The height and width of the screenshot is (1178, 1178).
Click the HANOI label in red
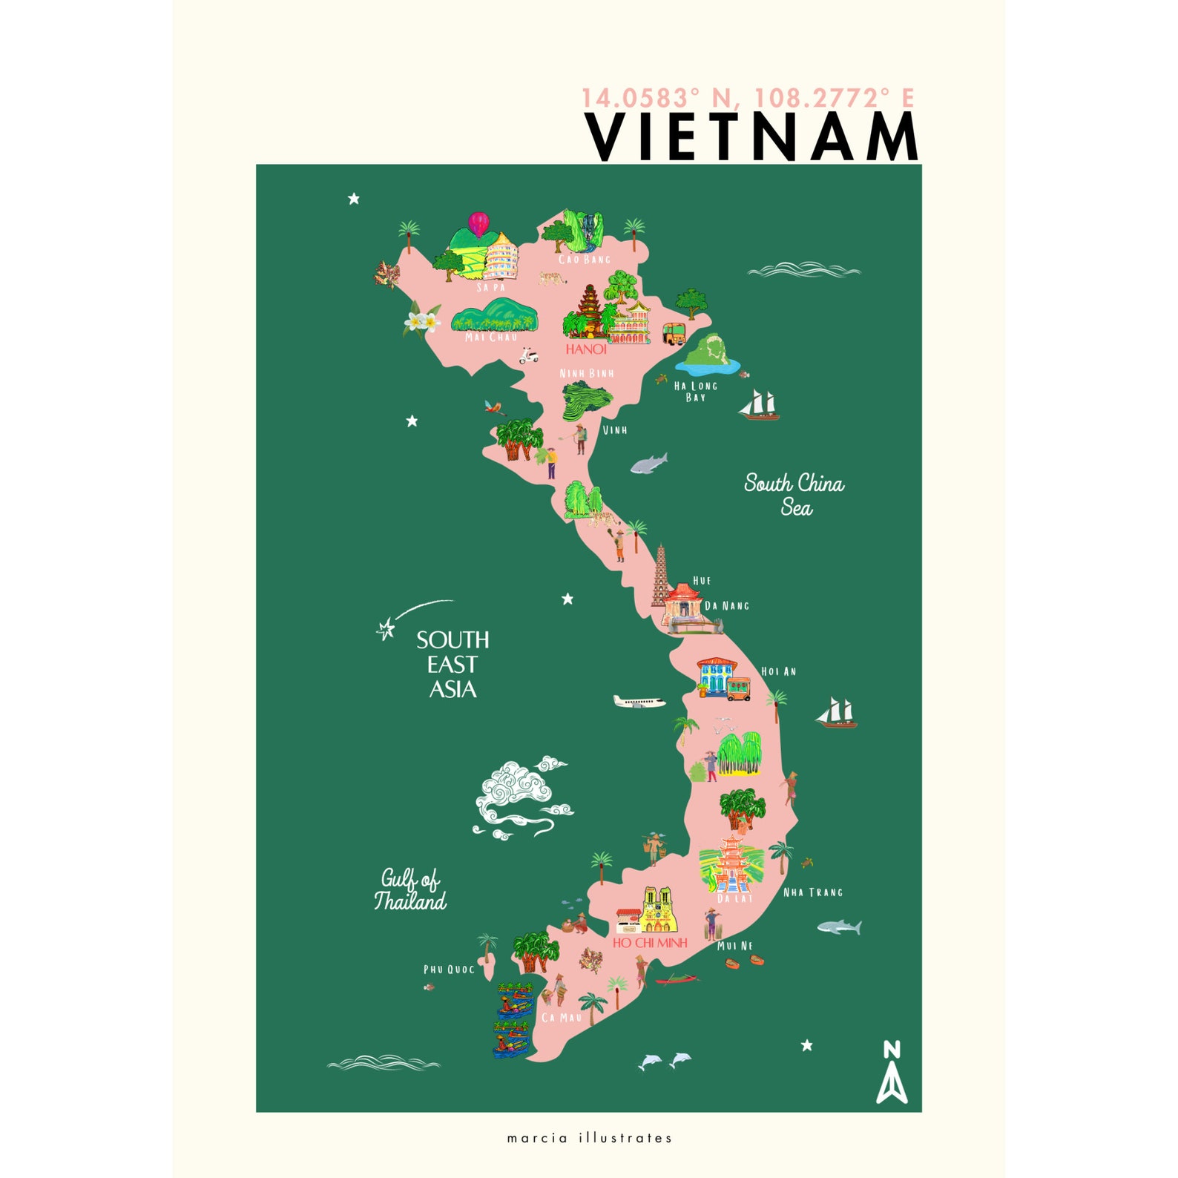pyautogui.click(x=586, y=349)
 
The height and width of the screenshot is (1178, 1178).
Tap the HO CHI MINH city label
pyautogui.click(x=650, y=943)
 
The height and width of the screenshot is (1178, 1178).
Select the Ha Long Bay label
pyautogui.click(x=695, y=391)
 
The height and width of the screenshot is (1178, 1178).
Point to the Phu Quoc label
pyautogui.click(x=449, y=970)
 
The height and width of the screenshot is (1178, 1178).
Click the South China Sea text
pyautogui.click(x=794, y=495)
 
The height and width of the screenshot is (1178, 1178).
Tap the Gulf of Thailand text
pyautogui.click(x=410, y=889)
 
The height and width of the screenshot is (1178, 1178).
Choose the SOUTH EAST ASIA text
pyautogui.click(x=453, y=665)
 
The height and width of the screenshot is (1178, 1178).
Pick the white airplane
pyautogui.click(x=639, y=702)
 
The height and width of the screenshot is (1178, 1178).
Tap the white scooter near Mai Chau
pyautogui.click(x=528, y=356)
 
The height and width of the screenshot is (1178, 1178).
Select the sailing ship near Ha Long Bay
pyautogui.click(x=759, y=405)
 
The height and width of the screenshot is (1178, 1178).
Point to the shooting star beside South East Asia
pyautogui.click(x=386, y=629)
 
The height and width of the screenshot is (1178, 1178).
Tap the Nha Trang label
pyautogui.click(x=813, y=892)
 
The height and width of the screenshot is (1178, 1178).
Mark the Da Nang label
pyautogui.click(x=727, y=606)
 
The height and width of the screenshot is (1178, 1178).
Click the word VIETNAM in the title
pyautogui.click(x=752, y=137)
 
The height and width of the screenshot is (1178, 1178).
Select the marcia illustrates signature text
pyautogui.click(x=589, y=1138)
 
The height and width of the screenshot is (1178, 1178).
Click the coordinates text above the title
pyautogui.click(x=747, y=98)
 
